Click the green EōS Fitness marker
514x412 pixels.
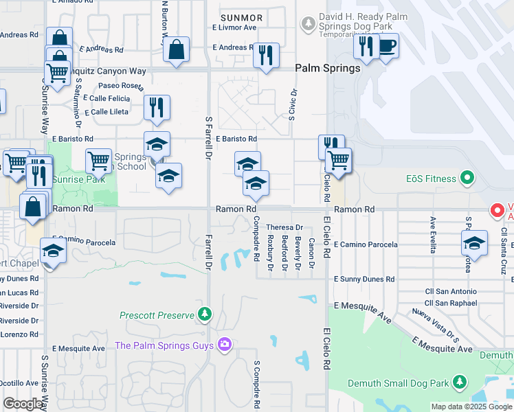[x=467, y=179]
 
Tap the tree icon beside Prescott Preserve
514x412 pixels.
[x=204, y=315]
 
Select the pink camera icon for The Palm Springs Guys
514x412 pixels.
[x=224, y=344]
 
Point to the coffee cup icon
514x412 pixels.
[x=388, y=47]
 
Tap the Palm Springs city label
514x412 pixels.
[x=328, y=68]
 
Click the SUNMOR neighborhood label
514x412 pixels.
[x=241, y=16]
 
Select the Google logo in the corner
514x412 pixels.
[x=23, y=404]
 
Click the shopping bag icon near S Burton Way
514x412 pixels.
[x=177, y=49]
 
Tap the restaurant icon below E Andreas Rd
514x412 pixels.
[x=266, y=55]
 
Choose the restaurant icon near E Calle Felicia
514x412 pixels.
[x=157, y=108]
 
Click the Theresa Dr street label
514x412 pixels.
[x=284, y=227]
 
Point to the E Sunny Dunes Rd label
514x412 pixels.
[x=364, y=279]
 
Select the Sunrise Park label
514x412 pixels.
[x=80, y=179]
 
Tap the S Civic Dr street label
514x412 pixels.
[x=292, y=104]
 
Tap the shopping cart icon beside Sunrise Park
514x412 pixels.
[x=98, y=161]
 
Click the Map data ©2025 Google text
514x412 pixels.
[x=471, y=406]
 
